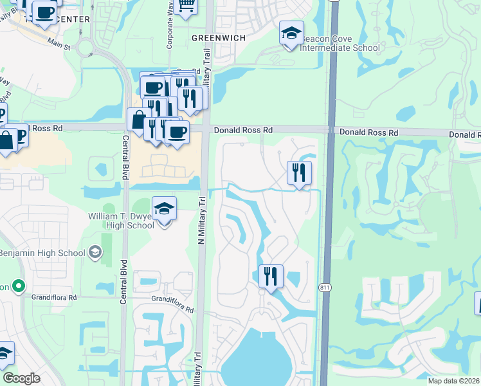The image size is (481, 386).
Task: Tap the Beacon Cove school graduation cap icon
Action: tap(291, 32)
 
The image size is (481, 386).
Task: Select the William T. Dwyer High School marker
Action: tap(164, 209)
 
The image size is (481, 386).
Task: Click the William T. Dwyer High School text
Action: tap(121, 221)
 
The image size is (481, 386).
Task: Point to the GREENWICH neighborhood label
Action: tap(219, 38)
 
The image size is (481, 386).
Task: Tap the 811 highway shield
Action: tap(327, 288)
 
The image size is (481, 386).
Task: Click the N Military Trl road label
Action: tap(200, 219)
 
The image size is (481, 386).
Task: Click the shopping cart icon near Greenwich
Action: tap(186, 6)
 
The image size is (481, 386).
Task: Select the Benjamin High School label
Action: tap(42, 253)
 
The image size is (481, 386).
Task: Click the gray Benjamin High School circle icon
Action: tap(96, 252)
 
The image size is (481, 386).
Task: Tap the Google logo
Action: tap(21, 378)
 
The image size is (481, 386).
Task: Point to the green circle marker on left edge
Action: tap(19, 286)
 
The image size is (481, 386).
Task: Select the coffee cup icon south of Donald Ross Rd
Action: tap(177, 132)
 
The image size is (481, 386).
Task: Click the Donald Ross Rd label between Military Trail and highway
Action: tap(243, 130)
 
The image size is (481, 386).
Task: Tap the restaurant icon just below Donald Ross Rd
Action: tap(299, 172)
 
